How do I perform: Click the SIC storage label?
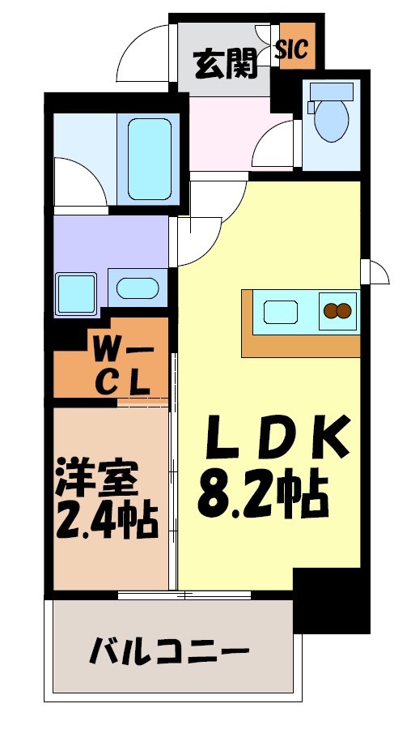pos(291,50)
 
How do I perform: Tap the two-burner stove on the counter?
pos(337,311)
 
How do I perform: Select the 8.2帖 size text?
pos(263,493)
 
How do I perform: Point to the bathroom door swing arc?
pos(81,178)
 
